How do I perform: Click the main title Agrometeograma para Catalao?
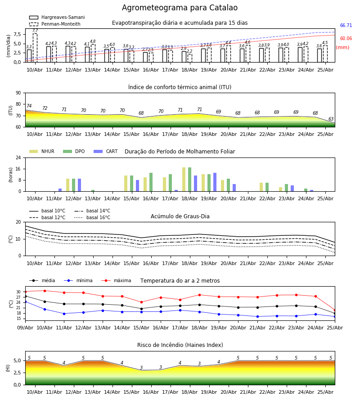[x=180, y=8]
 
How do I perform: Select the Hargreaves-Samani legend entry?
[x=57, y=17]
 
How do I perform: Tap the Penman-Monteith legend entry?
[x=55, y=24]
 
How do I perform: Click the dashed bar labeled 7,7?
[x=35, y=48]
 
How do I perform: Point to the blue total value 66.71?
[x=346, y=25]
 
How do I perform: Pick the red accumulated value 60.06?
[x=346, y=39]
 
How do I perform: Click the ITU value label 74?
[x=29, y=106]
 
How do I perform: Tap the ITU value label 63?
[x=331, y=119]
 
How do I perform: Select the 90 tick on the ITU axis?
[x=18, y=93]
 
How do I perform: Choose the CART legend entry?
[x=106, y=151]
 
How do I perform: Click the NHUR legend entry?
[x=42, y=151]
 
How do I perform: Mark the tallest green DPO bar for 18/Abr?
[x=190, y=180]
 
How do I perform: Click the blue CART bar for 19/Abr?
[x=215, y=182]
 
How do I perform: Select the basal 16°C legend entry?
[x=92, y=217]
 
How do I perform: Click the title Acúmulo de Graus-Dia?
[x=180, y=216]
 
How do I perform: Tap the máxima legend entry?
[x=116, y=280]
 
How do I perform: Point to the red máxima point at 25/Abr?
[x=335, y=310]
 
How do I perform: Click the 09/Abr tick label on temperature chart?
[x=25, y=328]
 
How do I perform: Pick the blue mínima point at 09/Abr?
[x=25, y=301]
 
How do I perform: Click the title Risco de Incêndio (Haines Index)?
[x=180, y=345]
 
